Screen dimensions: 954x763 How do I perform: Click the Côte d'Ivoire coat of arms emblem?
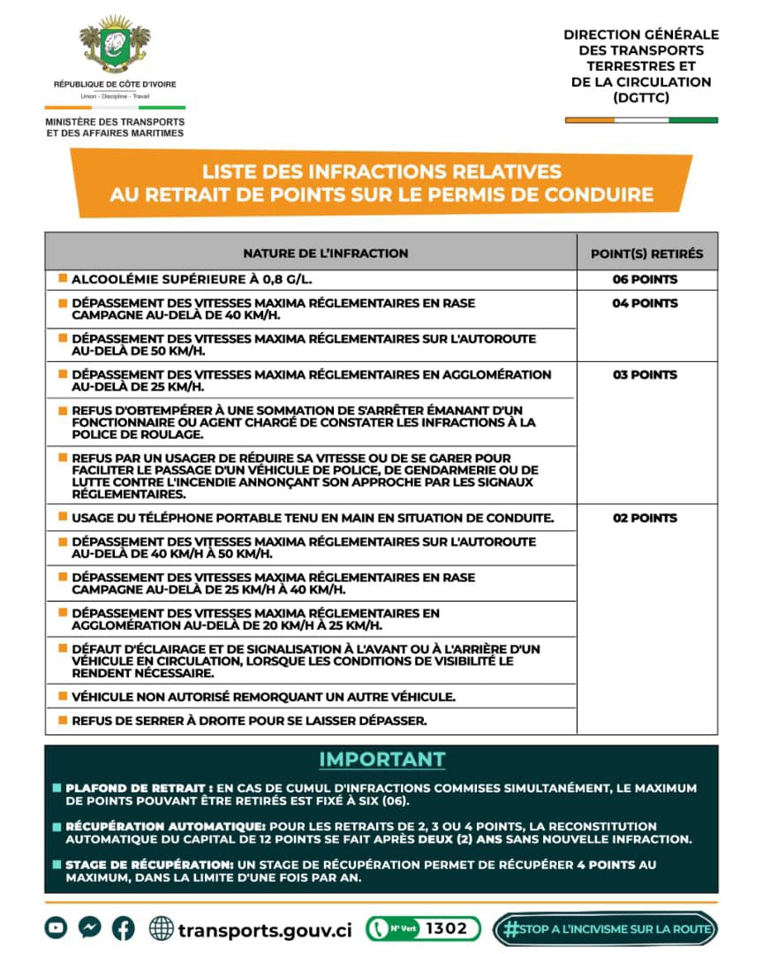[x=115, y=44]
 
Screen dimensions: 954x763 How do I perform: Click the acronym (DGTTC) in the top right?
[x=640, y=98]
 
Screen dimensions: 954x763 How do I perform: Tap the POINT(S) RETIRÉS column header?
[x=646, y=254]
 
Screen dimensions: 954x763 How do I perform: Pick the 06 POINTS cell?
[x=646, y=279]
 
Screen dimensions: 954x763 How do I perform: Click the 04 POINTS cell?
[x=646, y=303]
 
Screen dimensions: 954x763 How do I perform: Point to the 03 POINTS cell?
[x=646, y=375]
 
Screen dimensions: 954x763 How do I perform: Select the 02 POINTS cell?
[x=646, y=518]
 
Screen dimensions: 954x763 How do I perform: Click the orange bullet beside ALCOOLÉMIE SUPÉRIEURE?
[x=63, y=279]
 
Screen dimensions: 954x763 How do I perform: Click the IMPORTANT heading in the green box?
[x=381, y=760]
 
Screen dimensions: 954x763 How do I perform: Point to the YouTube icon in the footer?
[x=57, y=927]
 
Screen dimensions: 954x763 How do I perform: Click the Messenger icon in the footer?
[x=89, y=927]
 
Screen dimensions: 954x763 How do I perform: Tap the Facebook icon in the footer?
[x=123, y=927]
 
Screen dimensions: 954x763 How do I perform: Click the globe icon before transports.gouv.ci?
[x=162, y=928]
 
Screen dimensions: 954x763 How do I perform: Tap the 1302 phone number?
[x=446, y=928]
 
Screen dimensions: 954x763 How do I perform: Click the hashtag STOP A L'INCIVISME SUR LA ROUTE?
[x=606, y=928]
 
